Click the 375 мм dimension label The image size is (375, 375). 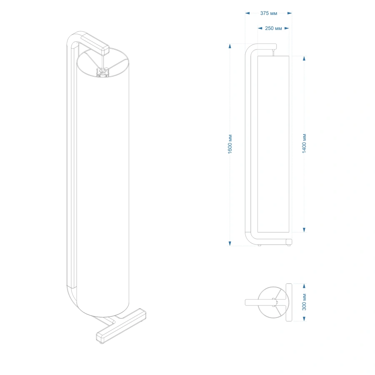pos(269,13)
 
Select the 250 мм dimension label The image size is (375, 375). pos(273,28)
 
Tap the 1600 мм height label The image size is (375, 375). pos(230,144)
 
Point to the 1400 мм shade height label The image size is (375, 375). pos(304,143)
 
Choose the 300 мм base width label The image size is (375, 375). pos(304,302)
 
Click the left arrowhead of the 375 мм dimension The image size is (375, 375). pos(247,13)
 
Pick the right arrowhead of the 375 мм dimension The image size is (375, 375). pos(290,13)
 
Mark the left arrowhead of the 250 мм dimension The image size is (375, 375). pos(260,28)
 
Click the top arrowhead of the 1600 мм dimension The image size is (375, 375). pos(230,46)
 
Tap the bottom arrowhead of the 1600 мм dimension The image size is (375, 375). pos(230,243)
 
